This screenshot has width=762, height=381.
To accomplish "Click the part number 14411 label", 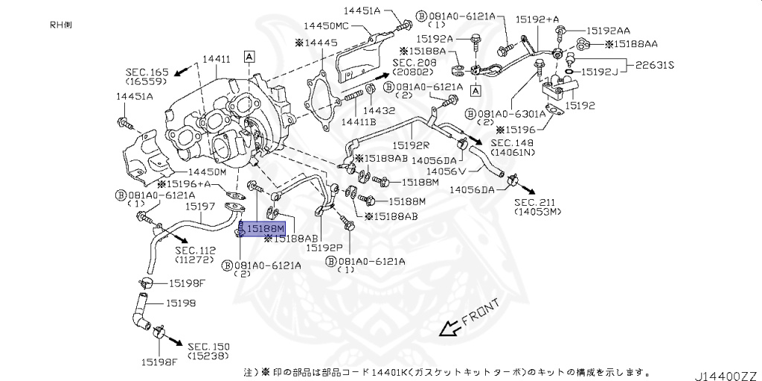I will click(x=217, y=58).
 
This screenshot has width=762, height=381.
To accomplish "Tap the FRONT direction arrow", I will click(x=448, y=328).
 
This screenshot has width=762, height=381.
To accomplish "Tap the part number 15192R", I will click(x=411, y=145).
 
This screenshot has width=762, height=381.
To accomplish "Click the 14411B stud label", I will click(x=359, y=122).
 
